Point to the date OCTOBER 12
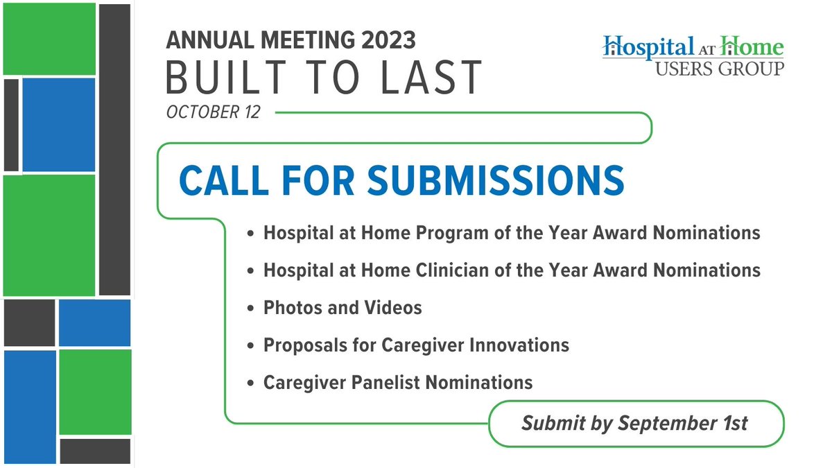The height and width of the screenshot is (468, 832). [213, 112]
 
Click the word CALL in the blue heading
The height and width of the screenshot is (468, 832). [223, 180]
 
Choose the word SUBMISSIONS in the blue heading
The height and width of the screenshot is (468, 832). [496, 180]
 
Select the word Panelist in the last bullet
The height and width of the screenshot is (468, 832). [402, 382]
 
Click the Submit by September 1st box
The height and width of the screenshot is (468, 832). [635, 423]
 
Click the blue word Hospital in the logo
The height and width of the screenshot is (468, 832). [648, 47]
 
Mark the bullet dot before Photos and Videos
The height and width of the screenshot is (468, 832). [251, 308]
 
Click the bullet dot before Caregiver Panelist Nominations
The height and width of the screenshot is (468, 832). [251, 383]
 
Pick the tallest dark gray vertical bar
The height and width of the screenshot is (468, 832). [114, 149]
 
